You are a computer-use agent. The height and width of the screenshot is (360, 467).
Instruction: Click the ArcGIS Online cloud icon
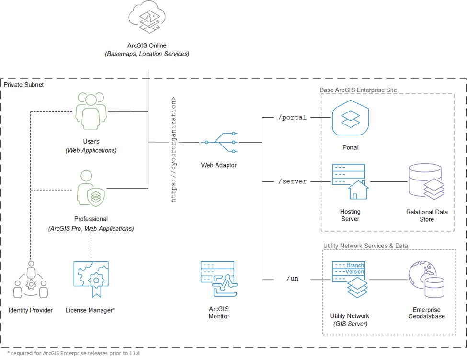[x=147, y=17]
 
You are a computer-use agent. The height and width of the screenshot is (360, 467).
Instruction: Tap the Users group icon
[x=91, y=111]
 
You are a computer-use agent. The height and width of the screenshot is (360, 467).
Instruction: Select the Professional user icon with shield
[x=91, y=188]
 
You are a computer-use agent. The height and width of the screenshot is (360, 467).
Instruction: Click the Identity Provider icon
[x=31, y=280]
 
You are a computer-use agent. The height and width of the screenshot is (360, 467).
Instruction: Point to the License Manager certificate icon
[x=91, y=279]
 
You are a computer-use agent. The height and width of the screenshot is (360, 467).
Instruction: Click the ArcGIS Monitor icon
[x=219, y=279]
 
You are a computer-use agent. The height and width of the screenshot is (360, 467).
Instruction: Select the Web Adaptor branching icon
[x=219, y=142]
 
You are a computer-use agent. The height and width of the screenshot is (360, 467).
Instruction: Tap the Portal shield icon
[x=351, y=118]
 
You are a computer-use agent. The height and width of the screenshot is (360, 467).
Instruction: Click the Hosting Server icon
[x=351, y=181]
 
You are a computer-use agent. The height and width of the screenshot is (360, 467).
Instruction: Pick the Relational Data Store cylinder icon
[x=426, y=181]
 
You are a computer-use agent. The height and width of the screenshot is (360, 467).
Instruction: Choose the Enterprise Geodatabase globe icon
[x=426, y=279]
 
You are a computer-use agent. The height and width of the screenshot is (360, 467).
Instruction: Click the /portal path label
[x=292, y=118]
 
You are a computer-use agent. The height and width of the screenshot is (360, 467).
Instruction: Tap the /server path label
[x=292, y=181]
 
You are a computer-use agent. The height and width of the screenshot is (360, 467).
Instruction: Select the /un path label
[x=293, y=279]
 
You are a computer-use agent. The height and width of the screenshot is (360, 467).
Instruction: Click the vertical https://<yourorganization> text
[x=173, y=149]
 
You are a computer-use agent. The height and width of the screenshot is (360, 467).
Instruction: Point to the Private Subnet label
[x=23, y=85]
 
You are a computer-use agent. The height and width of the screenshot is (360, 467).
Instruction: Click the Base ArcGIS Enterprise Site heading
[x=358, y=90]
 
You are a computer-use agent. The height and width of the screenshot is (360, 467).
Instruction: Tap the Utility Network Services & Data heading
[x=366, y=246]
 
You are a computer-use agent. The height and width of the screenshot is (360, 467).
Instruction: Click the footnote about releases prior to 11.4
[x=74, y=353]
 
